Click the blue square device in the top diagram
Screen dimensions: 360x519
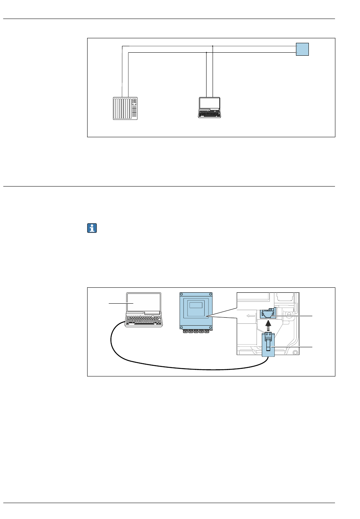pyautogui.click(x=302, y=49)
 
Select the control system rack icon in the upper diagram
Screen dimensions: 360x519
pyautogui.click(x=125, y=109)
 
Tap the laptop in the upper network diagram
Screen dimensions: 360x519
pyautogui.click(x=209, y=108)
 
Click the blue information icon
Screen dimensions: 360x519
pyautogui.click(x=92, y=228)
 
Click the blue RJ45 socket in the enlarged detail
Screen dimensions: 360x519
pyautogui.click(x=268, y=315)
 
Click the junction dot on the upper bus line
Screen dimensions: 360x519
pyautogui.click(x=213, y=46)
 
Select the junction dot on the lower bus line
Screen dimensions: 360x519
pyautogui.click(x=206, y=53)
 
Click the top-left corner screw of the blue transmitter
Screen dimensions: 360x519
pyautogui.click(x=182, y=295)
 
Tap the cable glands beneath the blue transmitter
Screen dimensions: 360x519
pyautogui.click(x=196, y=331)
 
